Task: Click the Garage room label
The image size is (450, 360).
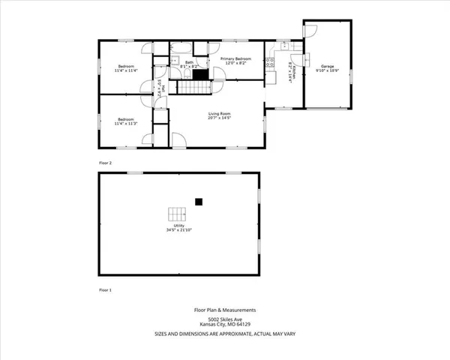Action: pos(328,67)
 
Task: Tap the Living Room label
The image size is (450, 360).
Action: pos(219,113)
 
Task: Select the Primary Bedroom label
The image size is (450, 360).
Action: pos(235,58)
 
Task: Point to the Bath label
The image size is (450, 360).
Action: pos(189,62)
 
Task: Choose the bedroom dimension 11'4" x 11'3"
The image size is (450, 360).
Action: pos(125,124)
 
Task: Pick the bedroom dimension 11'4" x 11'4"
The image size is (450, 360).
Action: pos(124,70)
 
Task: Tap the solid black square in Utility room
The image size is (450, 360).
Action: pos(199,201)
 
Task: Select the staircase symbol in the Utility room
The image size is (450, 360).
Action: pos(176,212)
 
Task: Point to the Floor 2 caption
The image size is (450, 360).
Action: pos(105,162)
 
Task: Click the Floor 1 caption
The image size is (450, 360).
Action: pos(105,289)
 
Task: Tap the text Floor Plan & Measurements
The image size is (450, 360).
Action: pos(226,309)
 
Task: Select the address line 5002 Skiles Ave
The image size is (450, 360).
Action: pos(226,319)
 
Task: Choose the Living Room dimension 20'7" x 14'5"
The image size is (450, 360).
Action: pos(219,118)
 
